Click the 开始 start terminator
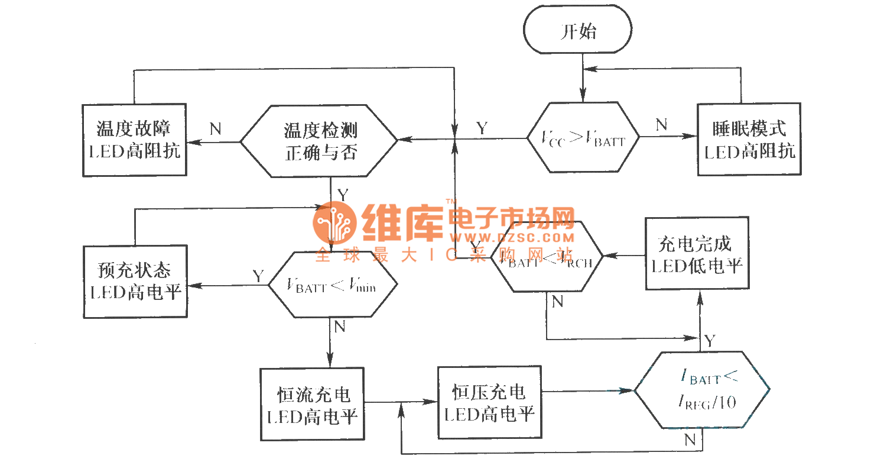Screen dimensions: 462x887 (x=578, y=31)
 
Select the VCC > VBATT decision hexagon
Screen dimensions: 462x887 (x=583, y=138)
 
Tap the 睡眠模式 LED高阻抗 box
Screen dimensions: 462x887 (x=749, y=140)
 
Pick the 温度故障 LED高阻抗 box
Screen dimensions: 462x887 (x=134, y=140)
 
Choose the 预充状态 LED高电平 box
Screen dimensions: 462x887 (x=134, y=281)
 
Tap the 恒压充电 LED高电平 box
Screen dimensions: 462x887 (x=489, y=402)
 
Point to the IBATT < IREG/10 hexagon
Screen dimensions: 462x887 (x=702, y=390)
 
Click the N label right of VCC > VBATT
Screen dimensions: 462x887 (x=661, y=124)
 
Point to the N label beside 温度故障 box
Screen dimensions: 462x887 (x=215, y=129)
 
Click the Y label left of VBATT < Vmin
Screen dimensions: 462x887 (x=258, y=276)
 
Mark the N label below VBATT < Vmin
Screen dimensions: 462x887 (x=339, y=327)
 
